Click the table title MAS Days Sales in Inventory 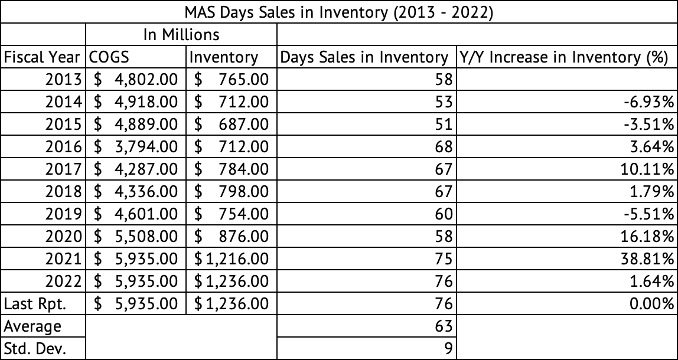click(339, 12)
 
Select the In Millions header click(182, 34)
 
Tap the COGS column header click(109, 57)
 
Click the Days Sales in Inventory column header click(364, 57)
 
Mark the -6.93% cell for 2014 click(651, 102)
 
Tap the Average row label click(32, 326)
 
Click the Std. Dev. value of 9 click(447, 348)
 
